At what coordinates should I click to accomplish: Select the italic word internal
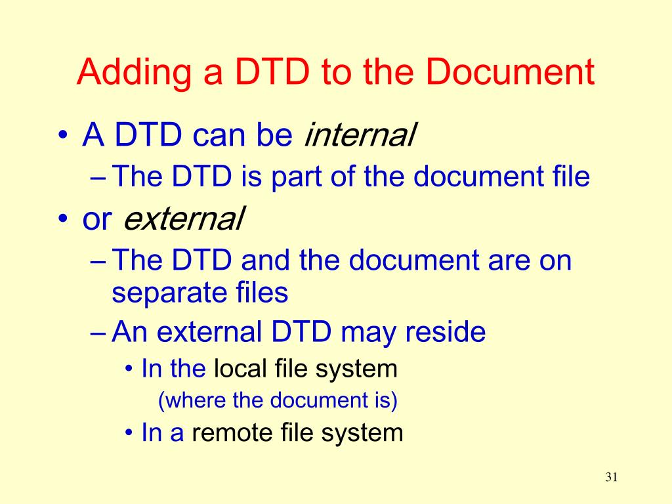click(360, 136)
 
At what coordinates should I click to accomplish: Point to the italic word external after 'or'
click(184, 219)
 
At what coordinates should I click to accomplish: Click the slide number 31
click(612, 477)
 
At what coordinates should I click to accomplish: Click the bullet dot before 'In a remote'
click(129, 433)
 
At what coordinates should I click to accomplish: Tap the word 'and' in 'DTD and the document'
click(265, 261)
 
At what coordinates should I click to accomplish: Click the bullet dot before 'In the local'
click(129, 369)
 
